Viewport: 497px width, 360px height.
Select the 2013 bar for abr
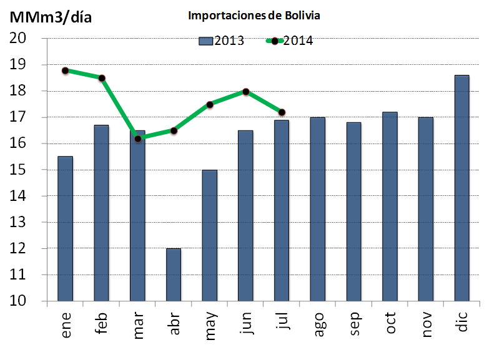[174, 275]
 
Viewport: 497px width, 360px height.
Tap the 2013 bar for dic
[461, 188]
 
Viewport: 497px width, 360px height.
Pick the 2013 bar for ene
[66, 228]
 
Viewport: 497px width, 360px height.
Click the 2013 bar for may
[210, 235]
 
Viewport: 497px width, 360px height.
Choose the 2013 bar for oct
[390, 207]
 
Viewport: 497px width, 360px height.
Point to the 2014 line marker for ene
[66, 71]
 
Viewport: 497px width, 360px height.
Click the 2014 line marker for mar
[137, 139]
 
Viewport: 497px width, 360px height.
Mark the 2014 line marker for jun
[246, 92]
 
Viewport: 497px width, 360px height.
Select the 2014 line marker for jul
[282, 112]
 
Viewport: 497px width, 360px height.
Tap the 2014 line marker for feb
[102, 78]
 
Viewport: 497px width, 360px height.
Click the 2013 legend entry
[221, 41]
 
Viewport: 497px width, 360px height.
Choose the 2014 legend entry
[290, 41]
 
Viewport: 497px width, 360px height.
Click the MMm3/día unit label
[50, 17]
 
